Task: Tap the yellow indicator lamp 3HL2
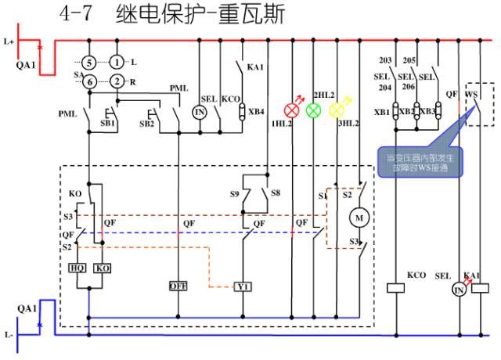[337, 110]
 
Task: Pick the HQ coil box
[77, 268]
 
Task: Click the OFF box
[179, 286]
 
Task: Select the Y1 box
[243, 287]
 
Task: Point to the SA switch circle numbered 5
[90, 62]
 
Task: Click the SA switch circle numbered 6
[90, 81]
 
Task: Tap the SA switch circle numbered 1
[117, 62]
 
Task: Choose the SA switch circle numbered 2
[117, 81]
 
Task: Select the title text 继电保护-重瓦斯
[200, 15]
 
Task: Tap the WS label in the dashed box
[471, 95]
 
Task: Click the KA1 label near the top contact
[255, 68]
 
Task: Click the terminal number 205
[409, 60]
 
